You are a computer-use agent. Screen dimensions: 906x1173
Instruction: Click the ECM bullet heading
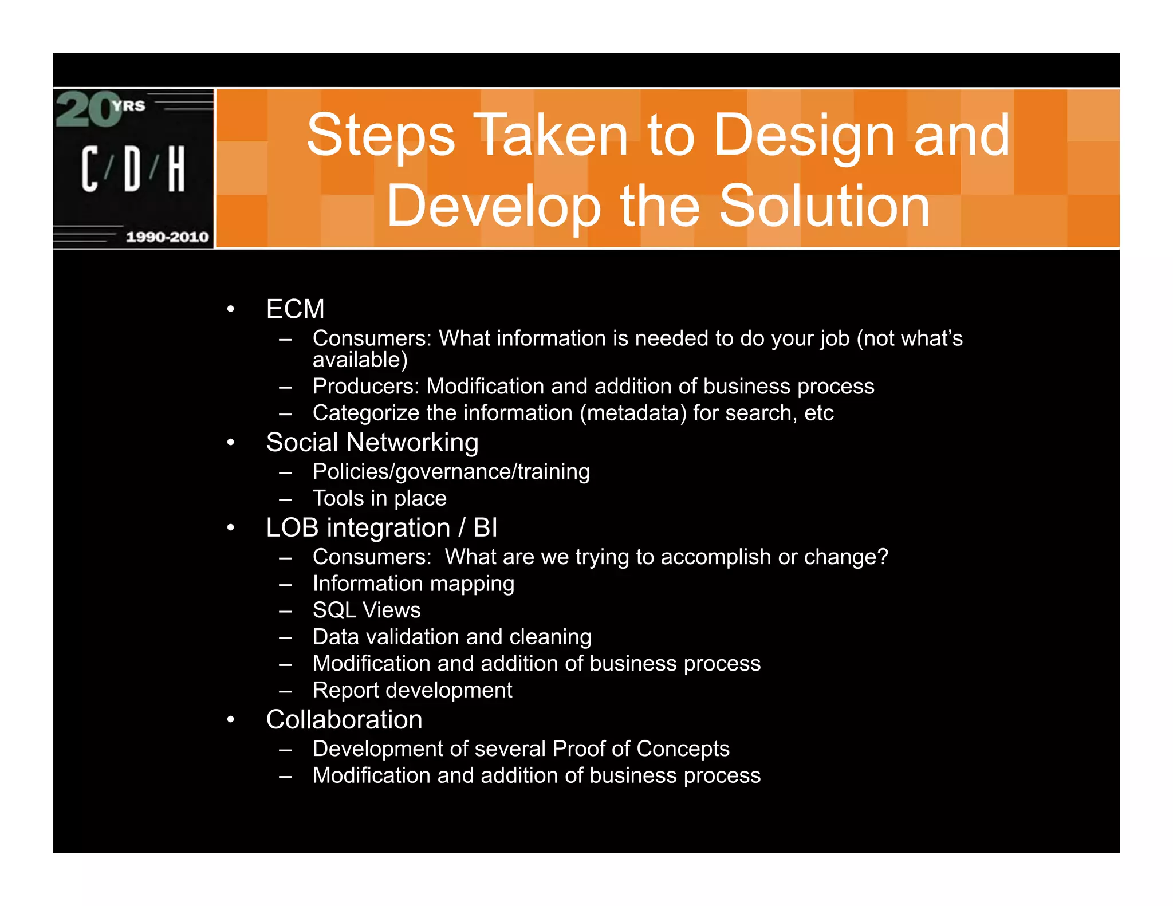pyautogui.click(x=295, y=309)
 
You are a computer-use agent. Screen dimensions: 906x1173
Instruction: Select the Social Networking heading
pyautogui.click(x=372, y=443)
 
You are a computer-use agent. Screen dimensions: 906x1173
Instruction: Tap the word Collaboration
pyautogui.click(x=344, y=720)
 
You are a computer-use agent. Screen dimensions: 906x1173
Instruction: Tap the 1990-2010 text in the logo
pyautogui.click(x=167, y=237)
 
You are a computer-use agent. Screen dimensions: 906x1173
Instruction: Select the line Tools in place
pyautogui.click(x=379, y=498)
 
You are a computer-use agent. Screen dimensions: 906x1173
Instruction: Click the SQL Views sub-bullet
pyautogui.click(x=367, y=610)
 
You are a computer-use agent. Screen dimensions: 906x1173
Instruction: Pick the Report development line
pyautogui.click(x=412, y=690)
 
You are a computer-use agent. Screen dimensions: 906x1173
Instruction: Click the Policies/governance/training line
pyautogui.click(x=451, y=472)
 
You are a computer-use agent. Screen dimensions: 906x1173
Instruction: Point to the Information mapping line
pyautogui.click(x=413, y=584)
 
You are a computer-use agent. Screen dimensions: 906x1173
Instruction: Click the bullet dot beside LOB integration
pyautogui.click(x=230, y=527)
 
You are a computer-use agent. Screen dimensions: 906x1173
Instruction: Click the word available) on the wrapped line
pyautogui.click(x=360, y=360)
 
